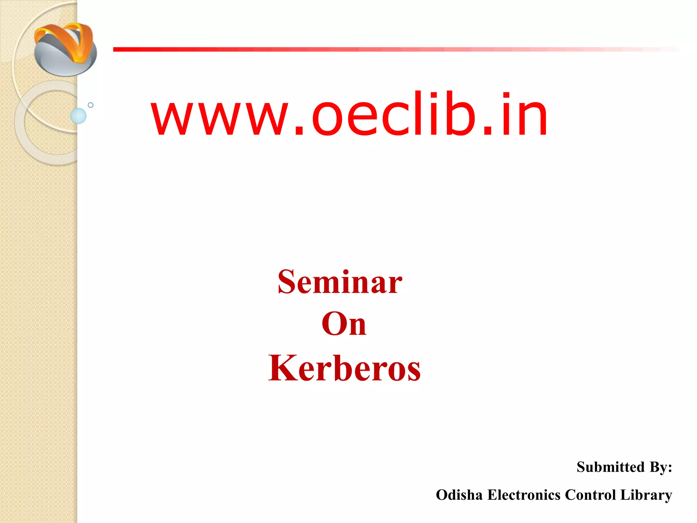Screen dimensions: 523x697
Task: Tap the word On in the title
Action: (x=344, y=324)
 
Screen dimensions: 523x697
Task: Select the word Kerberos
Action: (x=344, y=368)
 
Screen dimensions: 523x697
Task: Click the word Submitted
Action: (x=611, y=467)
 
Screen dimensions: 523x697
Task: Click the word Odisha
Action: (x=459, y=495)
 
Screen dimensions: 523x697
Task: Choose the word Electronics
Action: (x=524, y=495)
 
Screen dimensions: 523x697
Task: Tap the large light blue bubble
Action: (x=78, y=116)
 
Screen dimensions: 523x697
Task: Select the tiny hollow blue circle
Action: (x=91, y=105)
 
